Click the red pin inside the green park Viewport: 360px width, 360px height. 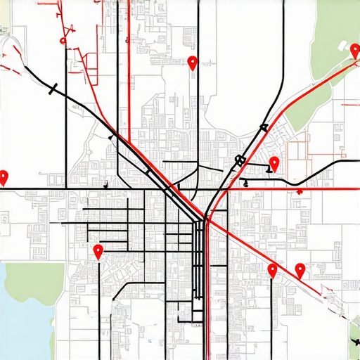[x=356, y=51]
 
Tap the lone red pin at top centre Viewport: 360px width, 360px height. [x=193, y=63]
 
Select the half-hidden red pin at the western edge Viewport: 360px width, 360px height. [x=4, y=177]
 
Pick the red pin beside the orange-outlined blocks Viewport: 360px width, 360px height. [x=274, y=165]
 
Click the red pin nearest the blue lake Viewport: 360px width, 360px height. [x=98, y=252]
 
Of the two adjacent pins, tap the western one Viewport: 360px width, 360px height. [x=273, y=270]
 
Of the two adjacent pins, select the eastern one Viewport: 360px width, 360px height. [x=300, y=270]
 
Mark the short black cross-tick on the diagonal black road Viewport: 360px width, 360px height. [x=53, y=88]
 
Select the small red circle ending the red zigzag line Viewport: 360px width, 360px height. [x=63, y=41]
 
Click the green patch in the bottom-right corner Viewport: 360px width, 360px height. [x=354, y=337]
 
